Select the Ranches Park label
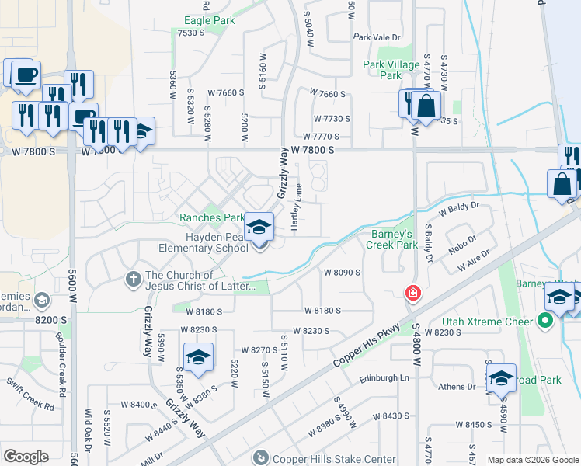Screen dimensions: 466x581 pyautogui.click(x=212, y=218)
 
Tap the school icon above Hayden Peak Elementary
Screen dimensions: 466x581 pyautogui.click(x=259, y=227)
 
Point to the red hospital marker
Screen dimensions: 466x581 pyautogui.click(x=412, y=293)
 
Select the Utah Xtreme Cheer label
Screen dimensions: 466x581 pyautogui.click(x=487, y=321)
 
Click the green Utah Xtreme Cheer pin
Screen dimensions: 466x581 pyautogui.click(x=546, y=320)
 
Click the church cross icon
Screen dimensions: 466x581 pyautogui.click(x=133, y=278)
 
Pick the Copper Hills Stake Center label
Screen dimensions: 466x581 pyautogui.click(x=333, y=458)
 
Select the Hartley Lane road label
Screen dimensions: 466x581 pyautogui.click(x=296, y=207)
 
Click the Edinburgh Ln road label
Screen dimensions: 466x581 pyautogui.click(x=383, y=377)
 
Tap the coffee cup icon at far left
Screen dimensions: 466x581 pyautogui.click(x=26, y=75)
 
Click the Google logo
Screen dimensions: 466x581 pyautogui.click(x=26, y=457)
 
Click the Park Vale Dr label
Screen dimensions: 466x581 pyautogui.click(x=376, y=37)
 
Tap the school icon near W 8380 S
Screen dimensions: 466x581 pyautogui.click(x=200, y=358)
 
